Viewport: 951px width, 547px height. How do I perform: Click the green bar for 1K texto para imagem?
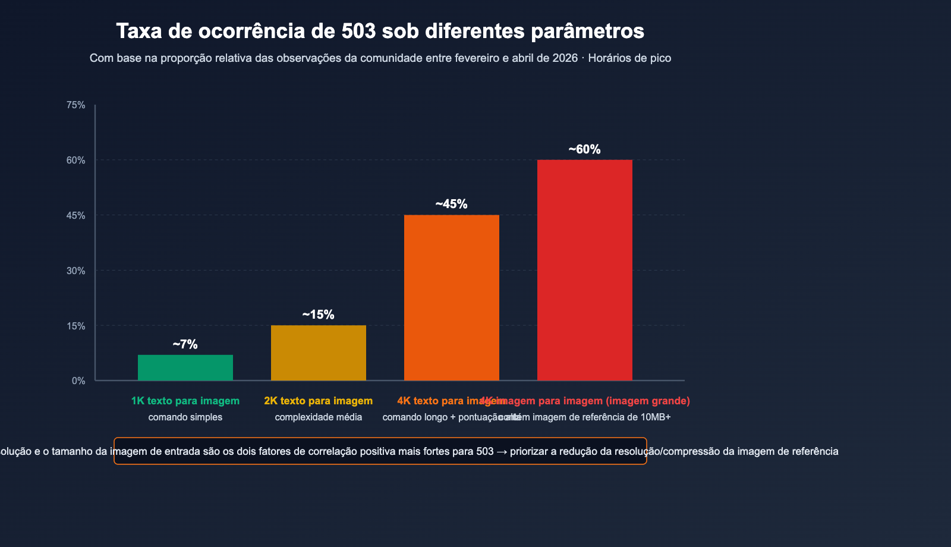[x=185, y=367]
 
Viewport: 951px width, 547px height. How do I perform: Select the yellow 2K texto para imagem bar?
[x=319, y=353]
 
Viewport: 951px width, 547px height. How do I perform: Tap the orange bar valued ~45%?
[x=452, y=297]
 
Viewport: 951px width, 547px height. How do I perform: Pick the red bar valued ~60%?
[x=585, y=270]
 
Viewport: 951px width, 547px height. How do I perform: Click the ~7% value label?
[x=185, y=344]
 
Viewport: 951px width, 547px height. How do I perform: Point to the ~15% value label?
[x=318, y=315]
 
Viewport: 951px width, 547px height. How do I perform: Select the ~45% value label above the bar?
[x=451, y=204]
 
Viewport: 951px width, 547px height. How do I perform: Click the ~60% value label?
[x=584, y=149]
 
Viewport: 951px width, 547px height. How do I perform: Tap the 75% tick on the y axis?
[x=75, y=105]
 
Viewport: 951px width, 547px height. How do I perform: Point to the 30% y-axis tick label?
[x=75, y=271]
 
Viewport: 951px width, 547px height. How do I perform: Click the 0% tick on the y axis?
[x=78, y=381]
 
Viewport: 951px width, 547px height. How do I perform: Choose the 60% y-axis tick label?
[x=75, y=161]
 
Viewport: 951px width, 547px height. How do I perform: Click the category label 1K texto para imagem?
[x=185, y=401]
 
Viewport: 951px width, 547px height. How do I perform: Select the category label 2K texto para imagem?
[x=319, y=401]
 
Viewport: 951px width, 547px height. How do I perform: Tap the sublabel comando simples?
[x=185, y=417]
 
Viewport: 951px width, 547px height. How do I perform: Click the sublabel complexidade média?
[x=319, y=417]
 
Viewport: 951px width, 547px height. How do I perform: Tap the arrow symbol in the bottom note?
[x=502, y=451]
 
